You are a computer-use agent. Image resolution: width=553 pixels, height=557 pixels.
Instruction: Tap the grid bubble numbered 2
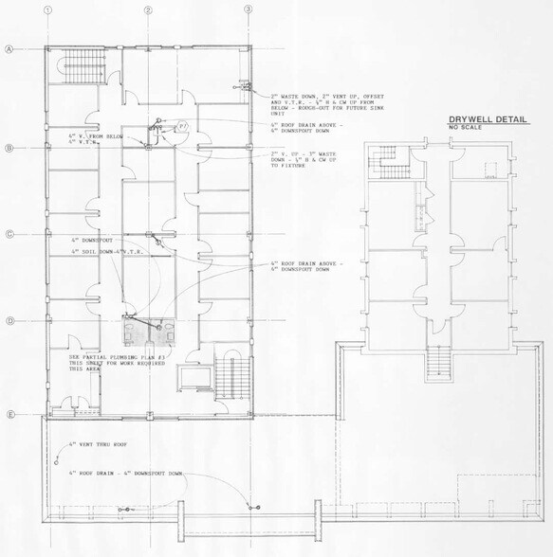148,9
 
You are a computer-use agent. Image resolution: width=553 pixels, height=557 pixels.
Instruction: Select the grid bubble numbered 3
249,9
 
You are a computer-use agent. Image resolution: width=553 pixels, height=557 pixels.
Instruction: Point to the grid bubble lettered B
9,148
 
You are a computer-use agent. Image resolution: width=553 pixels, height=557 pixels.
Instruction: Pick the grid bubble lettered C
9,235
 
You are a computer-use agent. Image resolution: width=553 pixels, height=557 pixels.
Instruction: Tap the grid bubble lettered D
9,321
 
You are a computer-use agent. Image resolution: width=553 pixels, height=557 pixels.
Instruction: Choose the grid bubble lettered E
9,415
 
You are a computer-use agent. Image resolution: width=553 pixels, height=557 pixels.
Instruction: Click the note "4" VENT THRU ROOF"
98,444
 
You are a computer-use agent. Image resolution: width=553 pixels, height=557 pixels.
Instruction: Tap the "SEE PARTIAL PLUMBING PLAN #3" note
117,363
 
